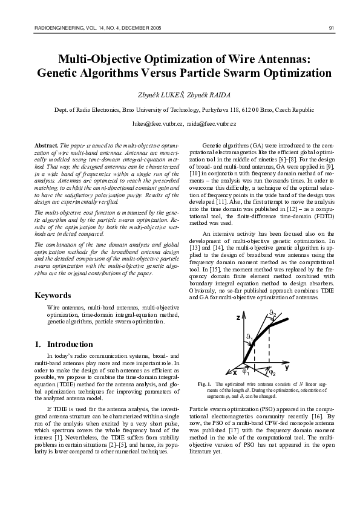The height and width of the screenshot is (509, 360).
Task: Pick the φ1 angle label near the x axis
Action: click(x=246, y=372)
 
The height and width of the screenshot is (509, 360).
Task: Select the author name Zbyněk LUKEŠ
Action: click(x=156, y=96)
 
